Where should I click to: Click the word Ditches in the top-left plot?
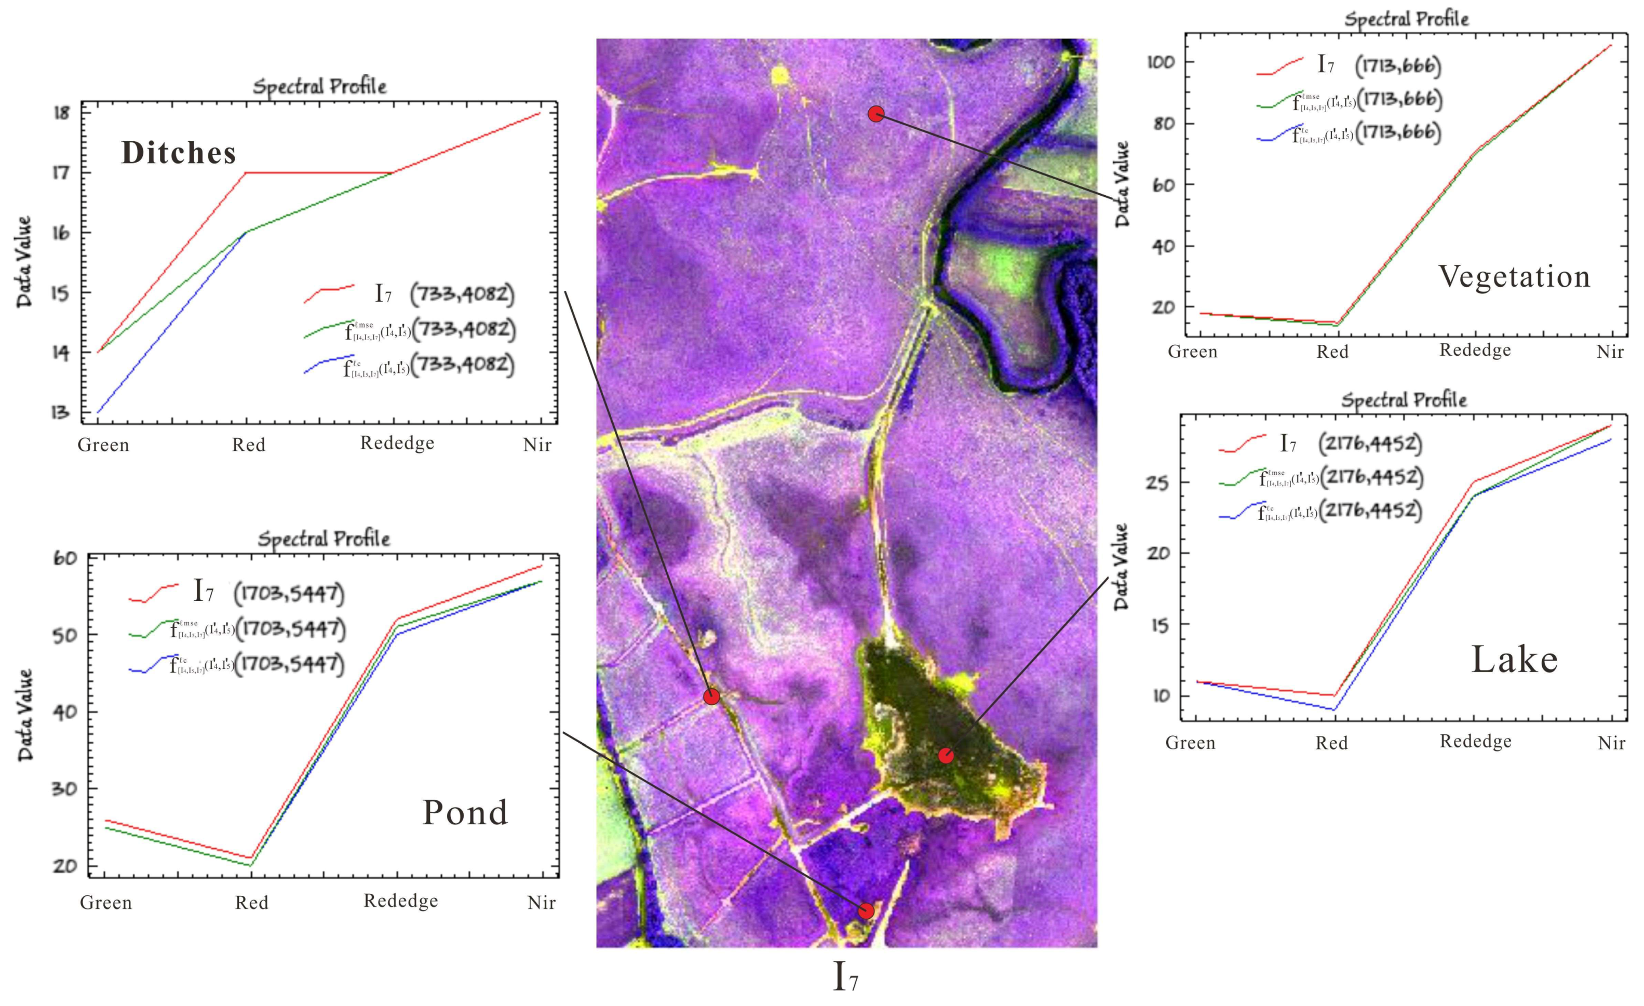(178, 153)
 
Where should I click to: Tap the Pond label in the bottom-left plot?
(465, 812)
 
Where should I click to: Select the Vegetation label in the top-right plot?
(1513, 276)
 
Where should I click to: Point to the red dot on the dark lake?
(946, 755)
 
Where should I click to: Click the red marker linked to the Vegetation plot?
(876, 113)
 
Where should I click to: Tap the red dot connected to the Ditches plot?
(712, 696)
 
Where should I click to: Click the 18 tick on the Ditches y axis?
(61, 113)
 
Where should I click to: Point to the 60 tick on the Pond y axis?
(65, 558)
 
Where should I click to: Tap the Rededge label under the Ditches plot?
(397, 443)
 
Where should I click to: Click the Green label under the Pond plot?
(105, 903)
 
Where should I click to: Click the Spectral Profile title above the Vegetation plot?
(1406, 19)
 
